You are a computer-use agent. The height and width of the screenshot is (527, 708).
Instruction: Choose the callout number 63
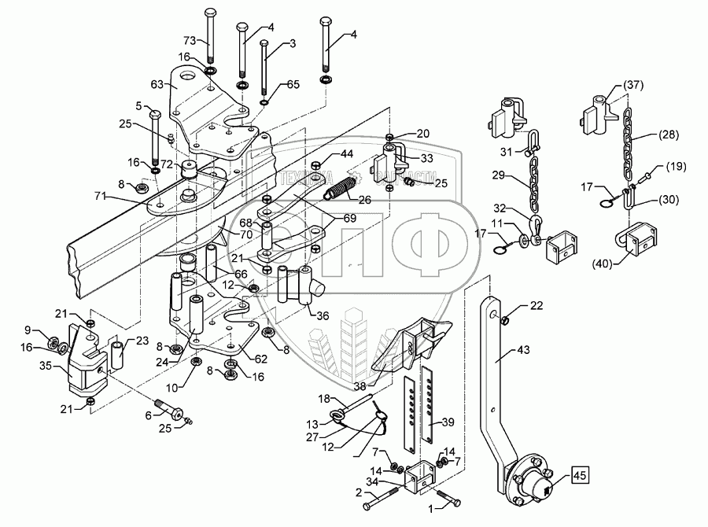coord(158,83)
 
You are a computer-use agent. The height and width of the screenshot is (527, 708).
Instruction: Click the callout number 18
coord(325,400)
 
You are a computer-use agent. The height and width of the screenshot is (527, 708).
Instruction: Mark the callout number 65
coord(293,83)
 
